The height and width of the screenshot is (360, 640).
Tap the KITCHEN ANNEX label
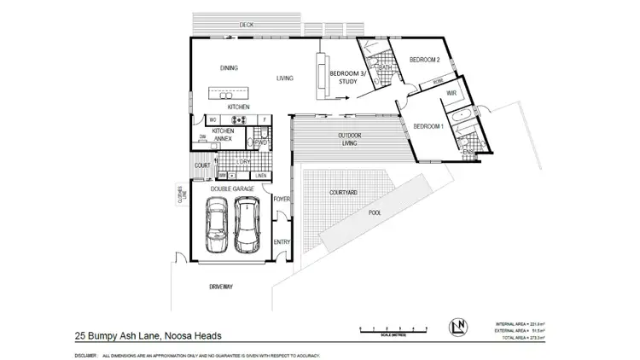coord(224,135)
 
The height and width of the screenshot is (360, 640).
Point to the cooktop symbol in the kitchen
coord(239,120)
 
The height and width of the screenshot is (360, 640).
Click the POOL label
coord(374,214)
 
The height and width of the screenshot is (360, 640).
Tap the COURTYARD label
coord(343,194)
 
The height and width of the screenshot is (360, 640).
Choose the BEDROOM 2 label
coord(424,61)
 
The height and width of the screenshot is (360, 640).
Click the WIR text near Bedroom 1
coord(452,91)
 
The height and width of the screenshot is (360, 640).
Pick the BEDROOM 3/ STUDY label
coord(347,78)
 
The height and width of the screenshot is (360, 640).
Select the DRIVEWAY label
coord(220,287)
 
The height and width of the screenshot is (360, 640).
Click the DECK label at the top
coord(247,25)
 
